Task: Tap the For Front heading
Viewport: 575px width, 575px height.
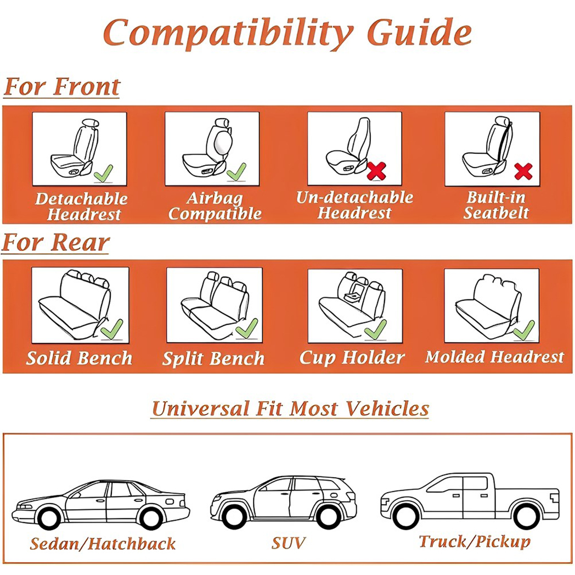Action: [x=61, y=88]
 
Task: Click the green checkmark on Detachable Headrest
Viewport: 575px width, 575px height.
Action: [x=103, y=174]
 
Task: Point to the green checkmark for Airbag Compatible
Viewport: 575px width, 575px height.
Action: [x=236, y=172]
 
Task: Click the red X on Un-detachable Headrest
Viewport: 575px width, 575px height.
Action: [x=376, y=171]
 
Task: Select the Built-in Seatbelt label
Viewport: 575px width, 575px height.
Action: [x=496, y=205]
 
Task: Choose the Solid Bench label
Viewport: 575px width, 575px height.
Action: [x=80, y=359]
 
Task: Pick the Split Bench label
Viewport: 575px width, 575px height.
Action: [x=213, y=359]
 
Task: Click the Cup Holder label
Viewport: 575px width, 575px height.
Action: [x=352, y=358]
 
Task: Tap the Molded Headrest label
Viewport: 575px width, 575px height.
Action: [x=494, y=358]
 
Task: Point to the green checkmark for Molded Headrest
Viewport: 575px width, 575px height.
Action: [x=524, y=330]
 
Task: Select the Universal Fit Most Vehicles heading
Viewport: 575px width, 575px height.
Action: [x=290, y=409]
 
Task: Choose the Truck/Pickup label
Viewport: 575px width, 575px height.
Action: [x=475, y=542]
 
